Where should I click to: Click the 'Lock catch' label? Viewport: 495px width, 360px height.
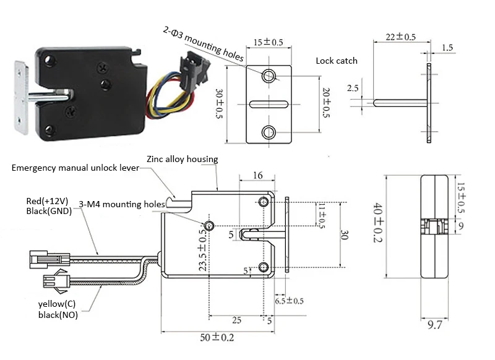(x=336, y=61)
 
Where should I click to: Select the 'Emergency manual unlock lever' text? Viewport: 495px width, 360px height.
(x=76, y=168)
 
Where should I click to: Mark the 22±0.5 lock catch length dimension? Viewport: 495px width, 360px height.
(x=400, y=37)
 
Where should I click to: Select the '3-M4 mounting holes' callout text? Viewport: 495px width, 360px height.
(x=121, y=204)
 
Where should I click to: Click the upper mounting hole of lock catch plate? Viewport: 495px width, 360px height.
(x=269, y=76)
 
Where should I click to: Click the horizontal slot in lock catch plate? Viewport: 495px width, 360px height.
(x=269, y=103)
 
